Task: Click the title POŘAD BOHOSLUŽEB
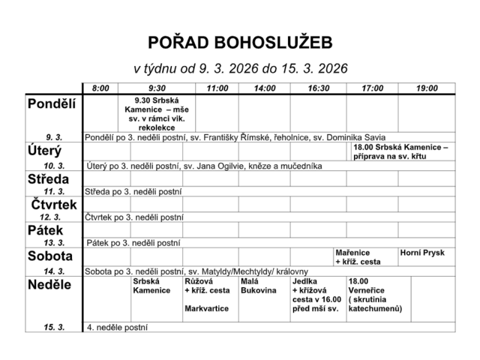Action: (x=240, y=41)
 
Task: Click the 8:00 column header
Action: (x=100, y=88)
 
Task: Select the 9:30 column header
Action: (x=157, y=88)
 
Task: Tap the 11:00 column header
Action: (x=217, y=88)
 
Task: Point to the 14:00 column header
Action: (x=264, y=88)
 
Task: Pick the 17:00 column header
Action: (x=372, y=88)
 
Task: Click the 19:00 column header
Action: (x=427, y=88)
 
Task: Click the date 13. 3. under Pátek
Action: (x=54, y=243)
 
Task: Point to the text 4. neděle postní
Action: (x=117, y=328)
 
